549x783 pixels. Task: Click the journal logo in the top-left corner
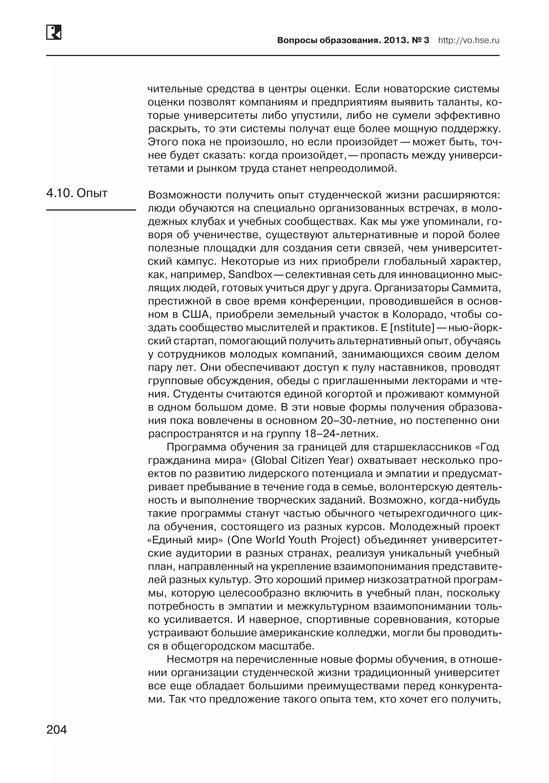pyautogui.click(x=54, y=32)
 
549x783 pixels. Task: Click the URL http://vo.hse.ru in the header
pyautogui.click(x=469, y=40)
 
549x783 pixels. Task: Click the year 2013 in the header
pyautogui.click(x=396, y=40)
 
